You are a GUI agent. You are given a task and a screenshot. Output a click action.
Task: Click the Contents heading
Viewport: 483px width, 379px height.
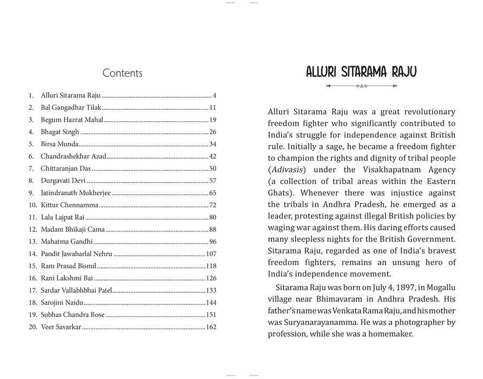pyautogui.click(x=122, y=73)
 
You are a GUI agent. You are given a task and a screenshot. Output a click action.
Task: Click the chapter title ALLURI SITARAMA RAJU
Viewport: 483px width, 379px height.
pyautogui.click(x=361, y=72)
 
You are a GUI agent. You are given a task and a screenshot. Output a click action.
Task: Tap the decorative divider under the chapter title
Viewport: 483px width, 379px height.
pyautogui.click(x=361, y=86)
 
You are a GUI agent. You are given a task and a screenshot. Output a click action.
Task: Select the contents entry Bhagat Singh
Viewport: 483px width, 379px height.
pyautogui.click(x=60, y=132)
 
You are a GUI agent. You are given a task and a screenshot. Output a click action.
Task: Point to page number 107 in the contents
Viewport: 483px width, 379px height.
pyautogui.click(x=211, y=253)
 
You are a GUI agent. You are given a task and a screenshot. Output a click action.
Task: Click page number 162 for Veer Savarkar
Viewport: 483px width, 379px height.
pyautogui.click(x=211, y=326)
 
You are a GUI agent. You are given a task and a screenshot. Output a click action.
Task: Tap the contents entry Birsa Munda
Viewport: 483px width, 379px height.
pyautogui.click(x=60, y=144)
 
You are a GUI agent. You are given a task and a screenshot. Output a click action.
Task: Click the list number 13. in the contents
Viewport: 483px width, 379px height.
pyautogui.click(x=32, y=241)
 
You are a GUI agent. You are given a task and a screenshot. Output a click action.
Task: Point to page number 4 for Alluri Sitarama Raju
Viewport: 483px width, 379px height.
pyautogui.click(x=214, y=95)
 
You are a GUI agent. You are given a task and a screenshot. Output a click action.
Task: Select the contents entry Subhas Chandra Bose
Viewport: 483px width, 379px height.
pyautogui.click(x=73, y=315)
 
